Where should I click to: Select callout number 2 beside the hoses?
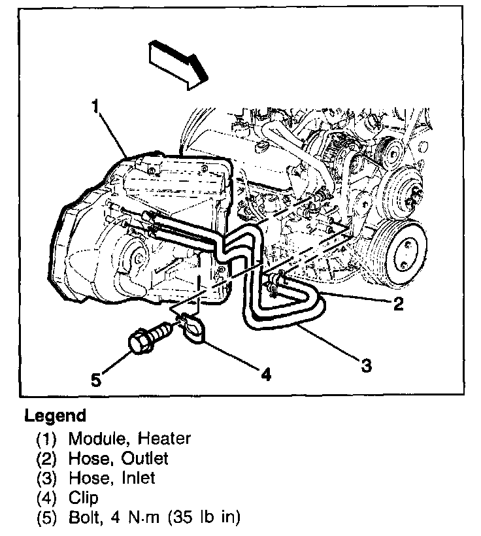398,302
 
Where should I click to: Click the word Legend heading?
55,416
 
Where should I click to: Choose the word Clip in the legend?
83,498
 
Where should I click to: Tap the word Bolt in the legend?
83,518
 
